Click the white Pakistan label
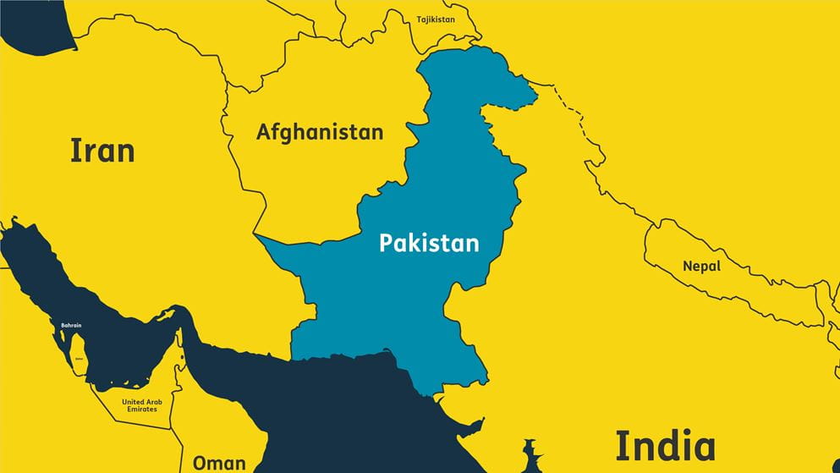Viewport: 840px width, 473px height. click(429, 244)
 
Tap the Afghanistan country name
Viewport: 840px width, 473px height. click(320, 133)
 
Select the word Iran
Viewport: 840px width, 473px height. click(102, 151)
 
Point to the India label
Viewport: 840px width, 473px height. click(665, 446)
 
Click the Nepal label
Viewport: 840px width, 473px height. click(701, 267)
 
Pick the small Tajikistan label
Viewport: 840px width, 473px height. click(436, 19)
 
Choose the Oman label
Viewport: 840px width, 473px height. click(219, 463)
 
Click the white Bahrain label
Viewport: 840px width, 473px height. click(71, 325)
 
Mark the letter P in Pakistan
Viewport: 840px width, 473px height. click(386, 244)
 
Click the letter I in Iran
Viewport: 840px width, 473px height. click(74, 151)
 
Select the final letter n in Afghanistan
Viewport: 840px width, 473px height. click(377, 133)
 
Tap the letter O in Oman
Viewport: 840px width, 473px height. click(200, 463)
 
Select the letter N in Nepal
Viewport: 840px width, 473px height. click(687, 267)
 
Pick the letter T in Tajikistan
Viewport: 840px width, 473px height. click(419, 19)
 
